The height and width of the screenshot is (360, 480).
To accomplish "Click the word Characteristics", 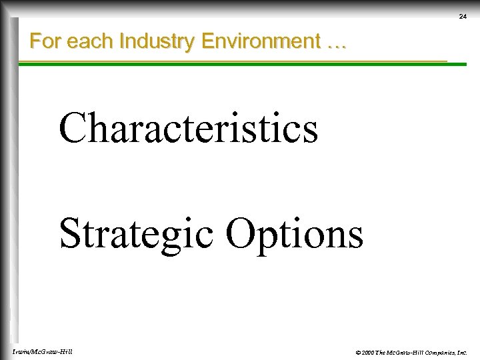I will click(x=189, y=128).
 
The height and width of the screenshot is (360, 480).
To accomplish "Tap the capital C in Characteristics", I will click(x=73, y=128).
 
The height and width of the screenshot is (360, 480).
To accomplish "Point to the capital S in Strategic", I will click(x=71, y=233).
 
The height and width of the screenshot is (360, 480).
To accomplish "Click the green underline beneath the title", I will click(x=233, y=63).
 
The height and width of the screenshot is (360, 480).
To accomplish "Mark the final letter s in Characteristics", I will click(x=310, y=132).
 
